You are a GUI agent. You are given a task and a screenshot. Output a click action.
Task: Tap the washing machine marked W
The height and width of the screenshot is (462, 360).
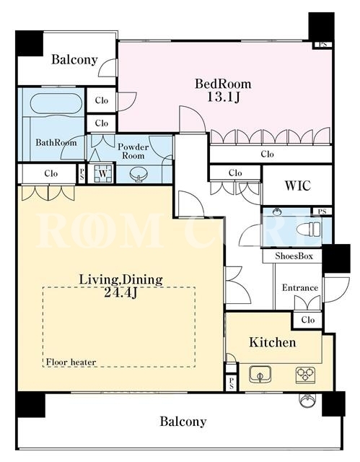point(102,173)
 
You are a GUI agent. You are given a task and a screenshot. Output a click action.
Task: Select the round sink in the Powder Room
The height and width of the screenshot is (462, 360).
point(138,174)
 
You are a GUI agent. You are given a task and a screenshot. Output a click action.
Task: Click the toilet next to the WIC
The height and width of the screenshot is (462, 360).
point(308,229)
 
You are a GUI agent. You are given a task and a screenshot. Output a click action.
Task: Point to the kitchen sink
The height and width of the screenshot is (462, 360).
point(260,374)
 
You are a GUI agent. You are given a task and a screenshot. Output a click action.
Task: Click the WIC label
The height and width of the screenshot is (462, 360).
point(297,186)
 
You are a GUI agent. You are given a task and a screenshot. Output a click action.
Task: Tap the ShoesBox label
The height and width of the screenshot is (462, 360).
point(294,256)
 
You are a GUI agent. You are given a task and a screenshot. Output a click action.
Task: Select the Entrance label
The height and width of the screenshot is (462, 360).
point(299,287)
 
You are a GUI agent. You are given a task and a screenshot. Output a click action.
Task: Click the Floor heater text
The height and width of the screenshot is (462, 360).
point(71,362)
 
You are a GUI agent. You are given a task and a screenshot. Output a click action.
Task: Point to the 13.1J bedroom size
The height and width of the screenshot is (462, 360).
point(223,97)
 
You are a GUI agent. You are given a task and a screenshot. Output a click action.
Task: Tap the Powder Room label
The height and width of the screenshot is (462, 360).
point(133,151)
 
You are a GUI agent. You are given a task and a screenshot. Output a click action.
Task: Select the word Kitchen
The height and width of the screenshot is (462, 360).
point(272,342)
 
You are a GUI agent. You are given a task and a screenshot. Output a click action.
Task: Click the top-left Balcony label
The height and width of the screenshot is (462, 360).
point(74,59)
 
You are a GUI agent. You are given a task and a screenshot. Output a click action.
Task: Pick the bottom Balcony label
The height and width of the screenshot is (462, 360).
point(183,422)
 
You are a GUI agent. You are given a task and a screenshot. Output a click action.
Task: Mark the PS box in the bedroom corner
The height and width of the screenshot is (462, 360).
point(323,45)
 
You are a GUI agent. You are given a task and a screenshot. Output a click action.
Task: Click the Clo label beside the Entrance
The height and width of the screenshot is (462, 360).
point(307,320)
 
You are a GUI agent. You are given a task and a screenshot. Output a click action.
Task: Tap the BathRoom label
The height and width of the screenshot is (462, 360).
point(56,143)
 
